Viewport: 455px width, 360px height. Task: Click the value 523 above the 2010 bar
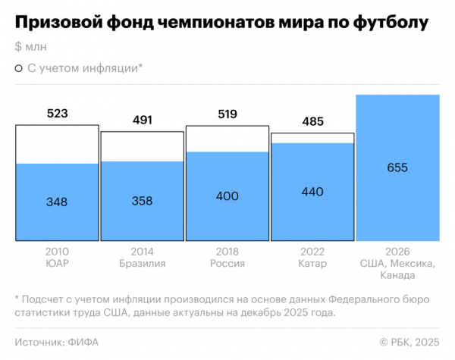57,114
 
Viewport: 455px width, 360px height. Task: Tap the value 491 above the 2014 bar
143,120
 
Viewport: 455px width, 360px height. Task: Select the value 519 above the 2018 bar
227,114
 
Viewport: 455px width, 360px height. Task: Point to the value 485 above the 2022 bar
312,121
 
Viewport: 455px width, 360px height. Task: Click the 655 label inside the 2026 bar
397,168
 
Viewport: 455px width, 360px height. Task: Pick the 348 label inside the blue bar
57,202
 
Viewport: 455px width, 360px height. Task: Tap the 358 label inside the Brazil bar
143,201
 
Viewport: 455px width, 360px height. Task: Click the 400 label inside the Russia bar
227,196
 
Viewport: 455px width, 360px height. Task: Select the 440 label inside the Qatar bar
312,192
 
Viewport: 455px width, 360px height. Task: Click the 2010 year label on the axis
57,251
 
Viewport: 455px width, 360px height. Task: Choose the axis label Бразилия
143,264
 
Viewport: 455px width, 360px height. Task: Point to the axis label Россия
227,264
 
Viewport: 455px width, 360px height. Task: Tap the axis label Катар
312,264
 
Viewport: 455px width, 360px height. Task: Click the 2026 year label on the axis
397,251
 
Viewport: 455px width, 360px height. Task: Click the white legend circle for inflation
18,68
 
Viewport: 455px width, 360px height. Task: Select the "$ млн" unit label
30,47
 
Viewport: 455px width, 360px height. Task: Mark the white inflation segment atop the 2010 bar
57,144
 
